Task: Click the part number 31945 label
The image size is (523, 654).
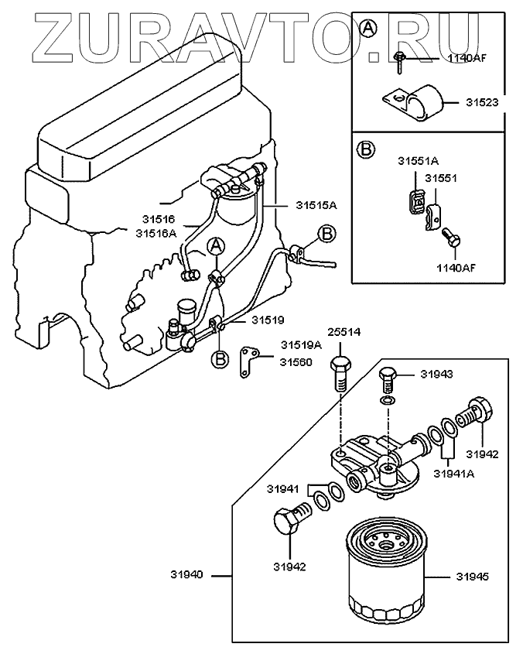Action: pyautogui.click(x=473, y=577)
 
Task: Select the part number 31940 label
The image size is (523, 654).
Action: pyautogui.click(x=186, y=574)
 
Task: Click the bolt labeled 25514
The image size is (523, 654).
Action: pyautogui.click(x=340, y=373)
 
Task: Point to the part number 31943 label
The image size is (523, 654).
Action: pyautogui.click(x=436, y=374)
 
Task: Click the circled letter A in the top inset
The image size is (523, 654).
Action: pyautogui.click(x=368, y=29)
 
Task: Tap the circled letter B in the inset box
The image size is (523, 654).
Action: pyautogui.click(x=366, y=149)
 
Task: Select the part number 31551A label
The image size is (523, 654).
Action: pyautogui.click(x=418, y=161)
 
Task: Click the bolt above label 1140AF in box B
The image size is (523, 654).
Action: pyautogui.click(x=452, y=237)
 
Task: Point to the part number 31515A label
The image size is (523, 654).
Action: pyautogui.click(x=316, y=205)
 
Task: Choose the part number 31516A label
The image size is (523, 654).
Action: pyautogui.click(x=156, y=233)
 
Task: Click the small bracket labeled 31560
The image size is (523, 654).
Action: pyautogui.click(x=249, y=362)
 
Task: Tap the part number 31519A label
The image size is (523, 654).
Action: pyautogui.click(x=301, y=345)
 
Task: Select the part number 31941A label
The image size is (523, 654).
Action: pyautogui.click(x=454, y=474)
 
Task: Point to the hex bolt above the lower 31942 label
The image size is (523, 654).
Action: pyautogui.click(x=292, y=519)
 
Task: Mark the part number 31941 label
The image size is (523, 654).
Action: pyautogui.click(x=283, y=488)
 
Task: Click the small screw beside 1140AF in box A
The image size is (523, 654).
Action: pyautogui.click(x=398, y=62)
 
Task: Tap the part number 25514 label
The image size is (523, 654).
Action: pyautogui.click(x=344, y=332)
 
